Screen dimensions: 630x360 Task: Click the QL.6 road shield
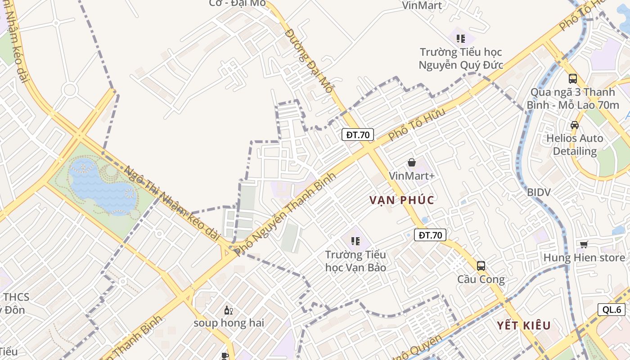612,310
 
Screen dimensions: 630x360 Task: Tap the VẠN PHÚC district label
402,200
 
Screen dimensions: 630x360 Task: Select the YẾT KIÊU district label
524,325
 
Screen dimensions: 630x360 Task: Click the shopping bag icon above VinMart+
411,162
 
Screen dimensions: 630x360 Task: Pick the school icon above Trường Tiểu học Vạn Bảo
355,241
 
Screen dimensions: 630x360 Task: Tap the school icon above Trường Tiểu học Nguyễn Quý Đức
460,39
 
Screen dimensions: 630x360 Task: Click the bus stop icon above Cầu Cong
481,265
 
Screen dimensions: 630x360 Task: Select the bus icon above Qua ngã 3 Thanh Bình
572,79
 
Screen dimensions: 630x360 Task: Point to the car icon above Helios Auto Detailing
574,125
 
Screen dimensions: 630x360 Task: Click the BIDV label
539,193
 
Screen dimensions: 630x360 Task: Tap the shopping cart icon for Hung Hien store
584,244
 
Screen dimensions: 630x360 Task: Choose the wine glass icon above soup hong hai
229,310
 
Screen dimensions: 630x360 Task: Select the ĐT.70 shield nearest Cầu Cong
430,235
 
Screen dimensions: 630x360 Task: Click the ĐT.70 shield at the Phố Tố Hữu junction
358,135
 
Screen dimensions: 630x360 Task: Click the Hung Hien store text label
584,258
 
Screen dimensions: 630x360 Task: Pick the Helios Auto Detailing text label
574,144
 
